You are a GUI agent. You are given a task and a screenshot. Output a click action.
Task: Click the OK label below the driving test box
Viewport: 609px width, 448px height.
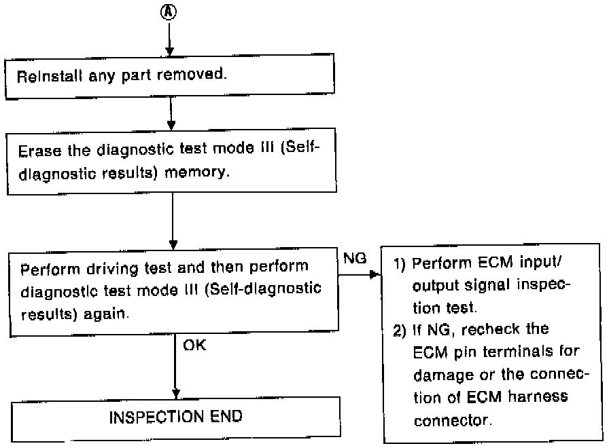(194, 346)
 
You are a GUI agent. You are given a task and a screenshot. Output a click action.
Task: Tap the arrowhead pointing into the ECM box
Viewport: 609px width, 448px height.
(373, 276)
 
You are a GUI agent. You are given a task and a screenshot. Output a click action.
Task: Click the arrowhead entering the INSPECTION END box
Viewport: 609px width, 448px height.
(175, 393)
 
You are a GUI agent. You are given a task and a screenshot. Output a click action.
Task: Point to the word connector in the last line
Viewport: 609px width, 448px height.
(450, 419)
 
